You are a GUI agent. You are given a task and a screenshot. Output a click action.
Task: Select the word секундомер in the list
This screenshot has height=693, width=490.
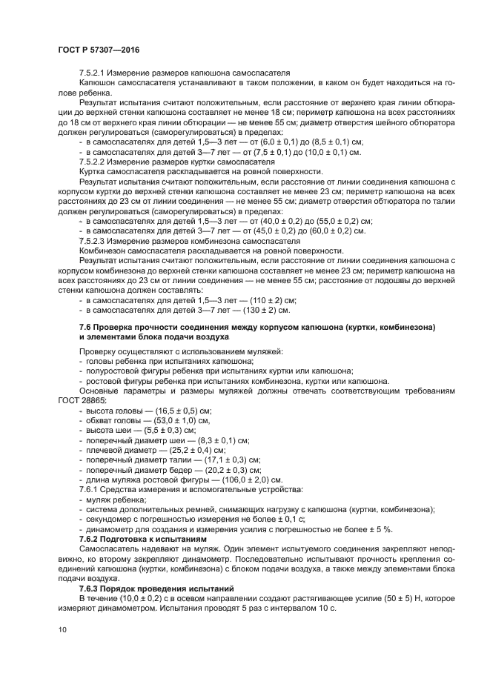click(x=110, y=519)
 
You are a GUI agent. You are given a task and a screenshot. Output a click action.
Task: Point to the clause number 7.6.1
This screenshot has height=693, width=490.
click(x=90, y=489)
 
